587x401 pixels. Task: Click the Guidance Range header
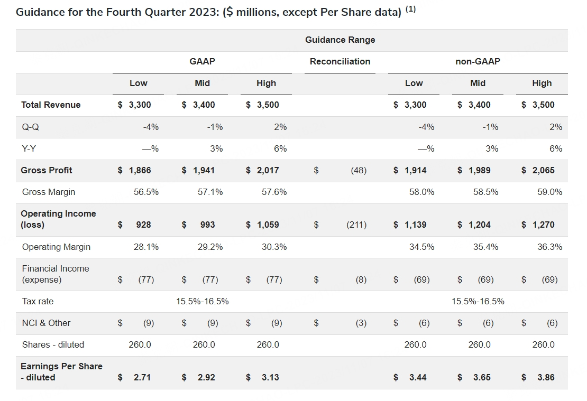coord(340,40)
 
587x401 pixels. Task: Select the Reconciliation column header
coord(340,61)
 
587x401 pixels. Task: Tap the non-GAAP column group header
coord(478,61)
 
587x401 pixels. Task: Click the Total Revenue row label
coord(51,105)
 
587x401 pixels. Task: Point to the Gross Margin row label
coord(49,192)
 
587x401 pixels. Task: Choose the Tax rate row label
coord(38,301)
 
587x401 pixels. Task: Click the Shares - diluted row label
coord(53,344)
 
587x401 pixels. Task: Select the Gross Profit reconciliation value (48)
coord(359,170)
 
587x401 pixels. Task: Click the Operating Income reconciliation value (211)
coord(356,225)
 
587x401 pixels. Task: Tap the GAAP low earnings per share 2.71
coord(142,377)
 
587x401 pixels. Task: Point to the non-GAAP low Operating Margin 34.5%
coord(421,247)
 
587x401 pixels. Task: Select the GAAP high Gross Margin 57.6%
coord(274,192)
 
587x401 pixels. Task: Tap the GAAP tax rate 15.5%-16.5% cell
coord(202,301)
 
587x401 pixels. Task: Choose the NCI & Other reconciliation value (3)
coord(361,323)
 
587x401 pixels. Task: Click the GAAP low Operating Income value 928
coord(143,225)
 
